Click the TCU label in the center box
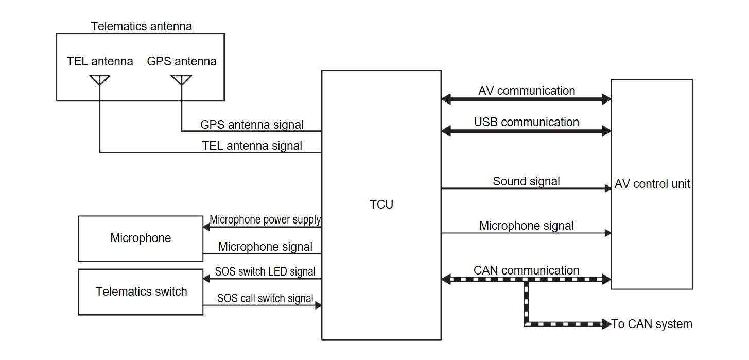tap(381, 204)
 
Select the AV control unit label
tap(652, 184)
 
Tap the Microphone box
tap(141, 238)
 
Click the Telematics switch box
tap(141, 292)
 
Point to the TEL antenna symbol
tap(99, 80)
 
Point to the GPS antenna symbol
tap(181, 80)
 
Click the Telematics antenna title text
tap(141, 26)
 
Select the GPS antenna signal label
tap(252, 125)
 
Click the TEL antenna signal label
tap(252, 146)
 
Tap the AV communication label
tap(526, 91)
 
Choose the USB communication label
tap(526, 122)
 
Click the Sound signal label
tap(526, 181)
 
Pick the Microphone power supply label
tap(265, 220)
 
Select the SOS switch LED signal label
tap(265, 271)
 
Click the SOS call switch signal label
tap(265, 298)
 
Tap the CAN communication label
tap(526, 270)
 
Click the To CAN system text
tap(652, 324)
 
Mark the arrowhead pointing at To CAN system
tap(606, 324)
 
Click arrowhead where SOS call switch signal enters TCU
tap(318, 305)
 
